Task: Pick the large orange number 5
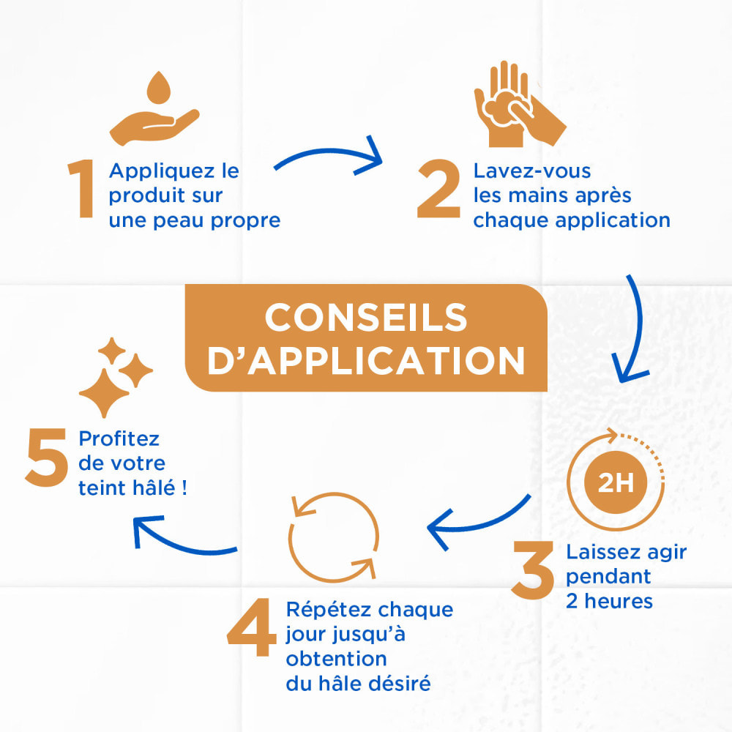point(45,460)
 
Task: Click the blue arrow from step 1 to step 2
point(329,160)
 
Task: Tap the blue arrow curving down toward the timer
point(633,329)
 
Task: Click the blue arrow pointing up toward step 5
point(183,538)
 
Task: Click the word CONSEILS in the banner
point(365,318)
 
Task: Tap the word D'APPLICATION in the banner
point(366,361)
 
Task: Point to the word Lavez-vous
point(531,171)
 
